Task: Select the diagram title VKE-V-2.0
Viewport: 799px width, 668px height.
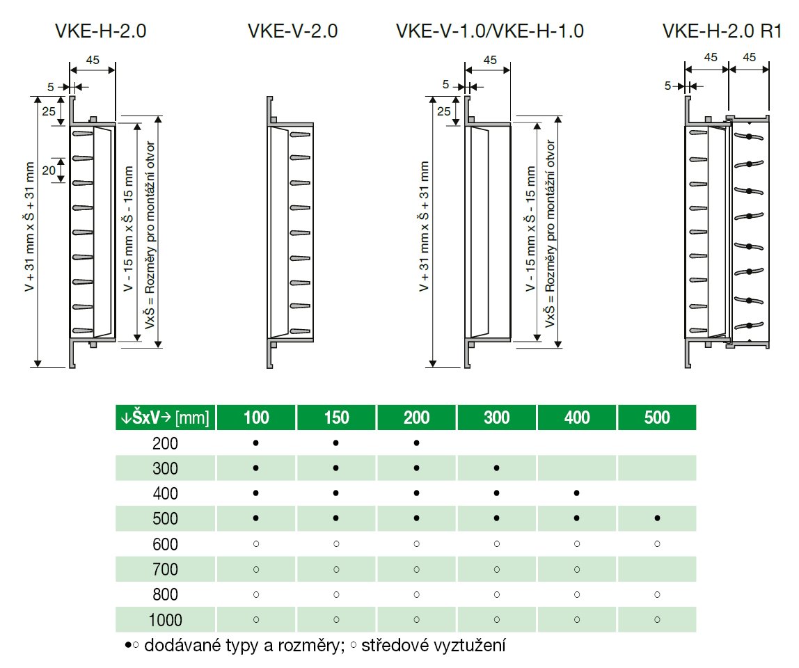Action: tap(292, 31)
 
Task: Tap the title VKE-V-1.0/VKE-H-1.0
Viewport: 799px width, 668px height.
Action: tap(489, 31)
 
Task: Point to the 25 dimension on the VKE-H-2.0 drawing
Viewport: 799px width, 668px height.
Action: tap(47, 111)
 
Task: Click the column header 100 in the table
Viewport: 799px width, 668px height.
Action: tap(256, 417)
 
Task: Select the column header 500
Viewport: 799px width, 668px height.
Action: tap(657, 417)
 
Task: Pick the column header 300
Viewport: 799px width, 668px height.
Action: tap(496, 417)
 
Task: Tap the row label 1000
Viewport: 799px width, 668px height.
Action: tap(164, 619)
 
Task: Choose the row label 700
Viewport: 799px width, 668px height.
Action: tap(165, 569)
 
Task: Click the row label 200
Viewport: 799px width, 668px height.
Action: tap(165, 443)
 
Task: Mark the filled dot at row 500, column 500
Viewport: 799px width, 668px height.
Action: tap(657, 518)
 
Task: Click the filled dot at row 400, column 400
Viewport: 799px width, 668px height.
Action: tap(577, 493)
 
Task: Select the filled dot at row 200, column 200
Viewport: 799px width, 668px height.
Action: tap(416, 443)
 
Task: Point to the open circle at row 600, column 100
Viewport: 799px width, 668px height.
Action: tap(256, 544)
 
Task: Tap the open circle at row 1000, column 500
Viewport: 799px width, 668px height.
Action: tap(657, 619)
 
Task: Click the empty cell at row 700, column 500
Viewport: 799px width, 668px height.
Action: tap(657, 569)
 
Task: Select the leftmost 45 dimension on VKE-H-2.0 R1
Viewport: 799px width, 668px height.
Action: tap(710, 57)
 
